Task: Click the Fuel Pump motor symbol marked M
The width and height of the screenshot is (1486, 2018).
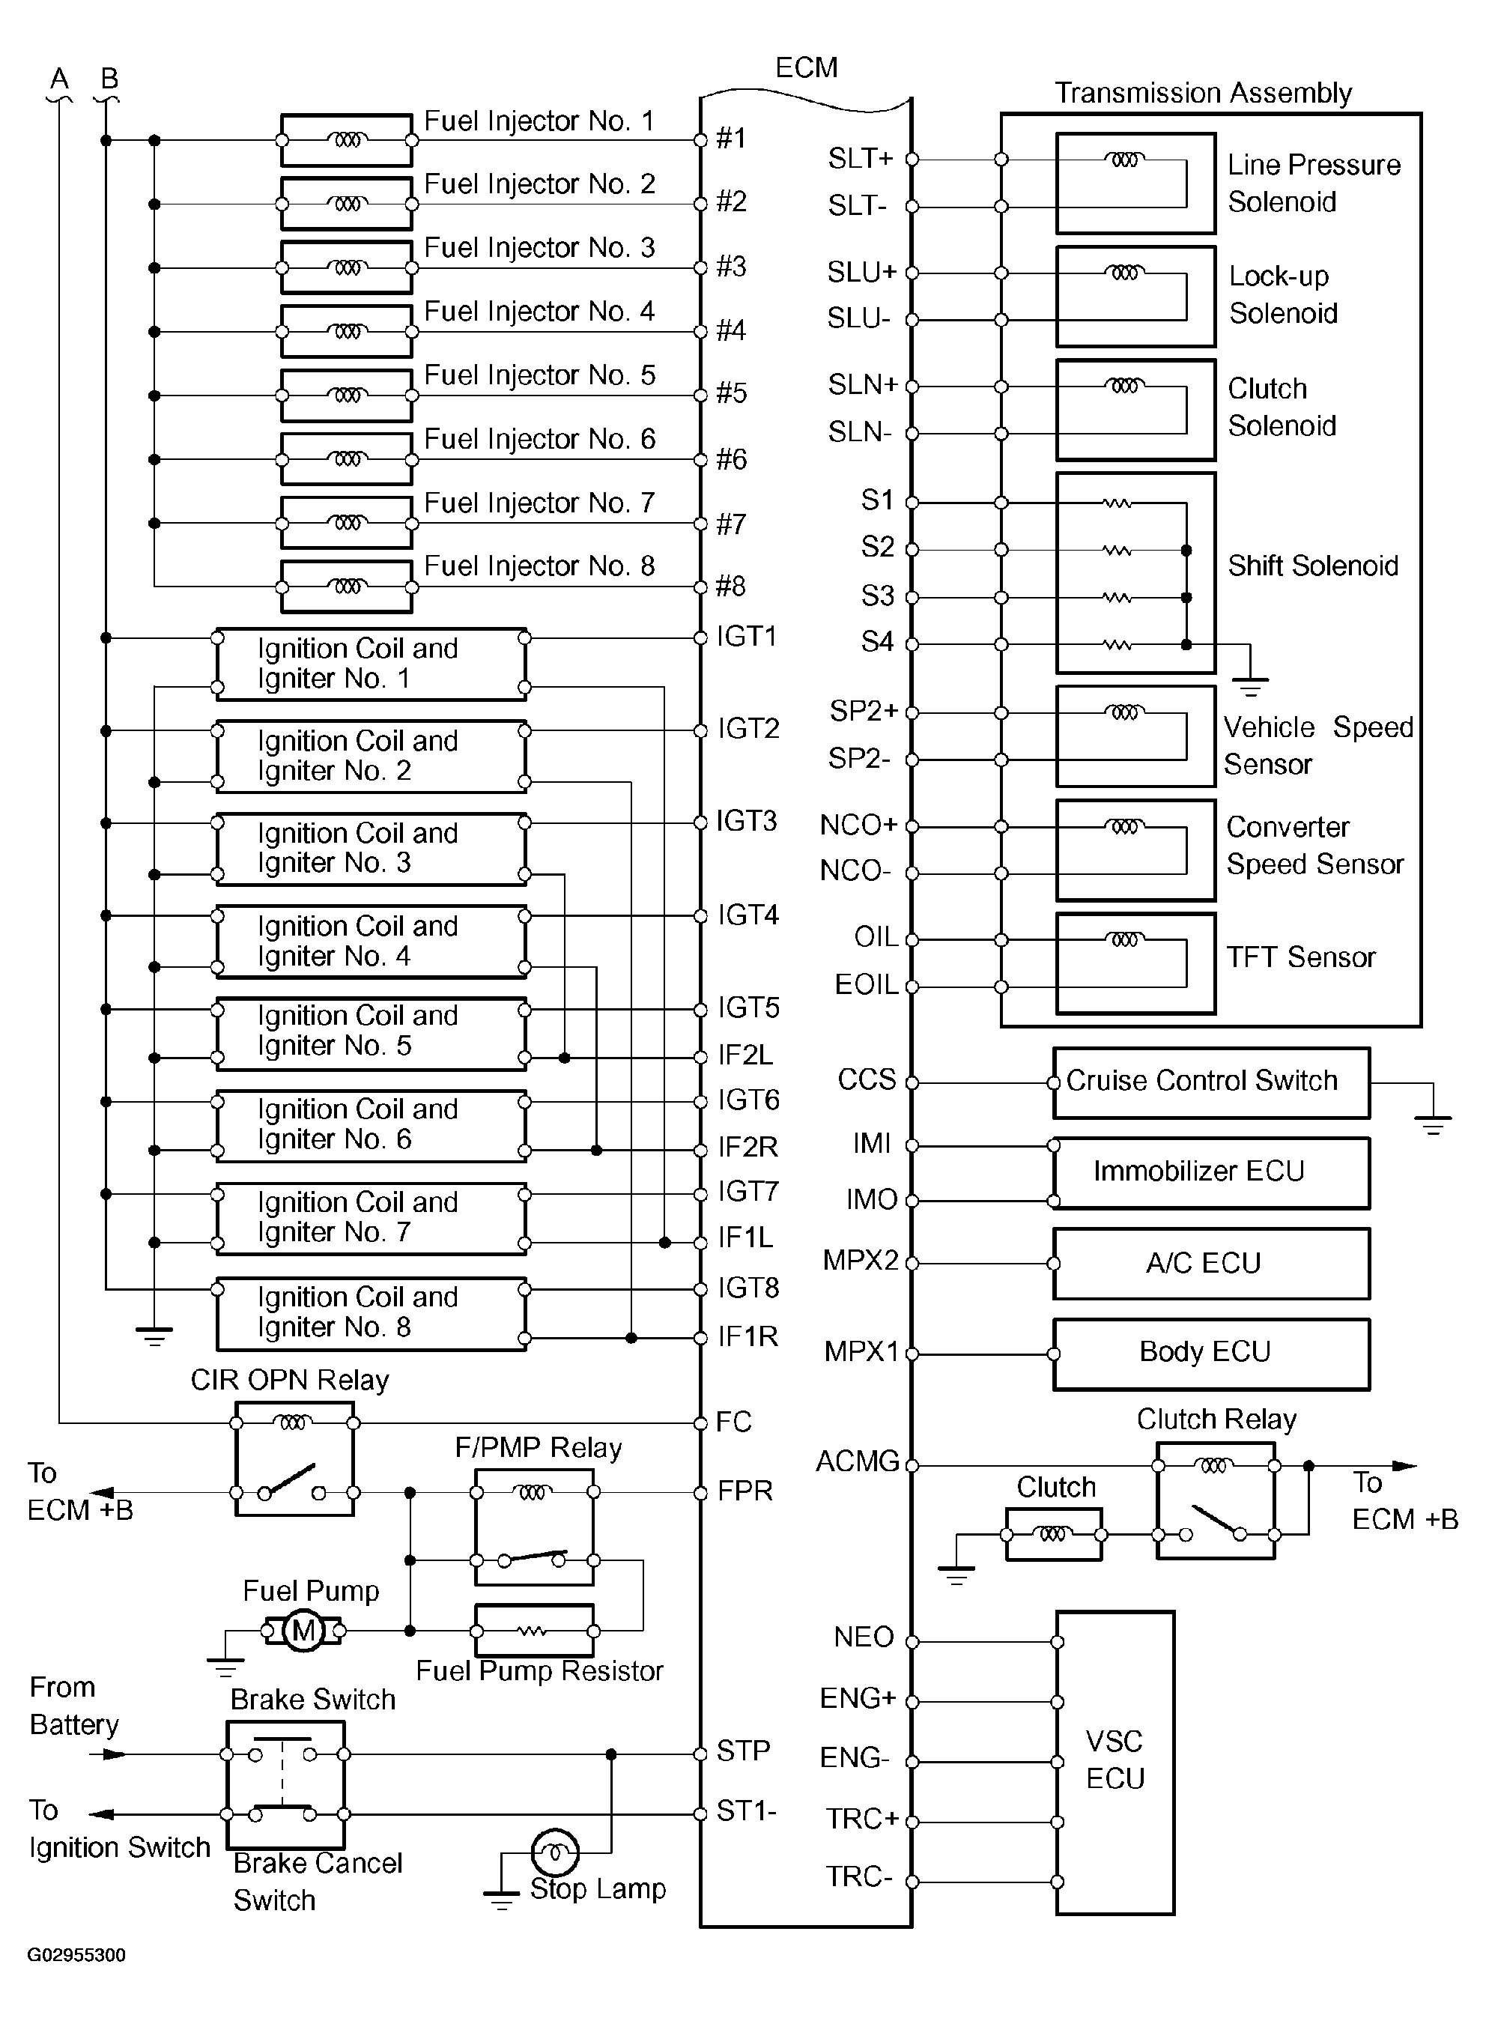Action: click(x=303, y=1630)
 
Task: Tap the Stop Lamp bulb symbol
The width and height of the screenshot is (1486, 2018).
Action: click(x=555, y=1852)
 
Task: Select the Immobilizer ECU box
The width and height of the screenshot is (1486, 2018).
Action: click(x=1211, y=1173)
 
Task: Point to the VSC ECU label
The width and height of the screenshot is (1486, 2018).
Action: click(x=1114, y=1760)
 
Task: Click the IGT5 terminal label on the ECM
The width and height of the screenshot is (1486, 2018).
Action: click(x=748, y=1008)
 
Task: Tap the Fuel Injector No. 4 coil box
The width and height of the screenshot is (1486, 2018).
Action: click(x=346, y=332)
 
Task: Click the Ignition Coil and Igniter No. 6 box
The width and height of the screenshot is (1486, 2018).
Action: click(x=371, y=1124)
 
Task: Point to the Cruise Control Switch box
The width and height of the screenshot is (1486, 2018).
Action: click(x=1211, y=1082)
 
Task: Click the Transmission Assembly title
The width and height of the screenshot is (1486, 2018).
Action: click(x=1203, y=94)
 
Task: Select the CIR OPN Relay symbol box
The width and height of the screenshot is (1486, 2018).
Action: click(x=294, y=1458)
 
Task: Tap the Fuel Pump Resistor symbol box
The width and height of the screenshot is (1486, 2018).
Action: click(x=533, y=1630)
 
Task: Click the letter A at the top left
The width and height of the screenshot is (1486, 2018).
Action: click(x=59, y=79)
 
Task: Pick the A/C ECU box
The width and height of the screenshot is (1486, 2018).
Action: click(x=1211, y=1263)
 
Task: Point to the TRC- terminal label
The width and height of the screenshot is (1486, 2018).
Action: click(x=859, y=1876)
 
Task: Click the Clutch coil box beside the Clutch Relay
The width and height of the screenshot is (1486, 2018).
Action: click(x=1052, y=1534)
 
